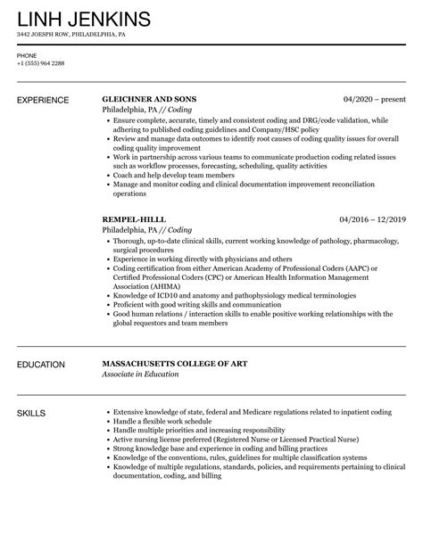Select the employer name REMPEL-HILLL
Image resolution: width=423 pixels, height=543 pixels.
tap(135, 218)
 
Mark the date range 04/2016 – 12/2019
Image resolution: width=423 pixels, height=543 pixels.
tap(373, 218)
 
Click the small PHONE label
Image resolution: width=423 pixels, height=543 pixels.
tap(27, 55)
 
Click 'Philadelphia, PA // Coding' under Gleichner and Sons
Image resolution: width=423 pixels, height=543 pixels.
tap(144, 109)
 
